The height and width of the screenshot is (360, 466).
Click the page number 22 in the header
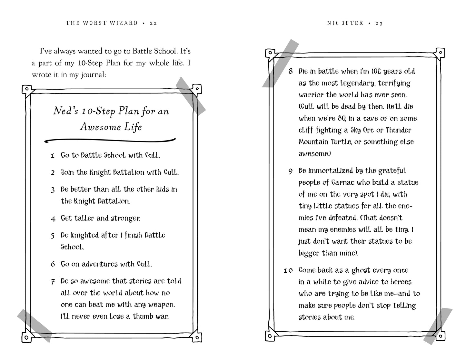coord(153,23)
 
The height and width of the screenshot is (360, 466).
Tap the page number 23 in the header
coord(379,23)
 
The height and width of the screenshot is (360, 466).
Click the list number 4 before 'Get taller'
coord(53,219)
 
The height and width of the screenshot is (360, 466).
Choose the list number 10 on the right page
coord(288,271)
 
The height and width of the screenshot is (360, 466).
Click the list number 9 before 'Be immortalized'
coord(290,171)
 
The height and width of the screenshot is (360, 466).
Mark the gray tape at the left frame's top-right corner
coord(191,96)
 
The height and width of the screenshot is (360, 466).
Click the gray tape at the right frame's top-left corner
coord(280,63)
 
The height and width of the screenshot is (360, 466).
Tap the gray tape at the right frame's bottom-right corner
coord(438,326)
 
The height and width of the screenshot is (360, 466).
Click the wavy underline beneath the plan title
coord(110,140)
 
